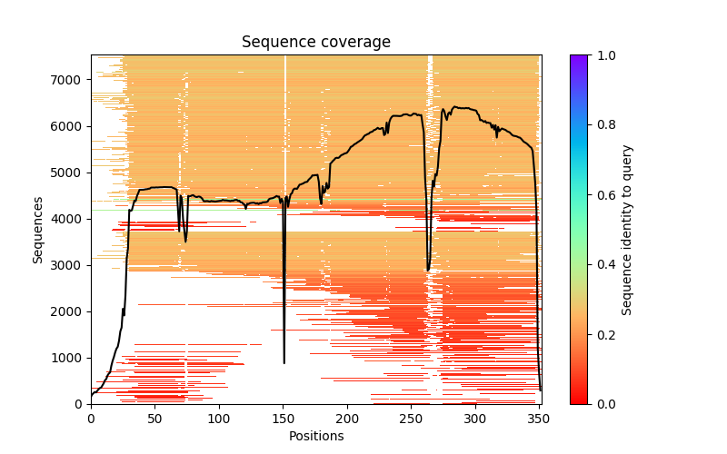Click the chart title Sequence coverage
(x=315, y=43)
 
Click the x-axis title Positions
(x=315, y=436)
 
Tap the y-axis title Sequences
(x=38, y=230)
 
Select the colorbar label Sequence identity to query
(x=627, y=230)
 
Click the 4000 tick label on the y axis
(x=71, y=219)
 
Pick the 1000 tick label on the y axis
(x=71, y=358)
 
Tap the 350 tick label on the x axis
(x=539, y=419)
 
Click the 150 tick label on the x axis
(x=283, y=419)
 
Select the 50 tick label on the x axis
(x=154, y=419)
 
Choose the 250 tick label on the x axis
(x=411, y=419)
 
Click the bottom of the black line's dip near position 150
(x=284, y=363)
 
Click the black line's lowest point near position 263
(x=428, y=271)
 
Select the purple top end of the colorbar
(x=578, y=58)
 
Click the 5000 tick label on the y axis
(x=71, y=173)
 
